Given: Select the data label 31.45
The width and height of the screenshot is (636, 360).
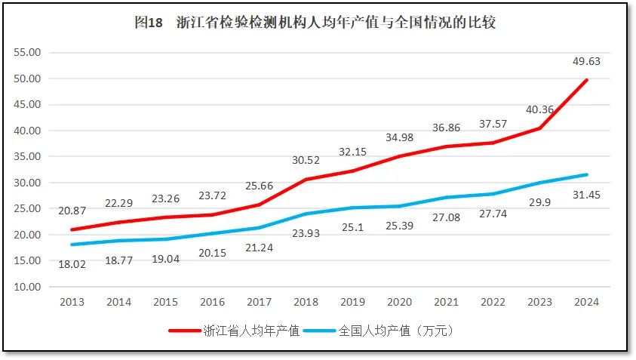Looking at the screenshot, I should point(586,195).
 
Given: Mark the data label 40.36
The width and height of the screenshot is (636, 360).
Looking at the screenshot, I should point(539,109).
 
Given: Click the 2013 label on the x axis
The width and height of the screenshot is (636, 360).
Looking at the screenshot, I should point(72,302).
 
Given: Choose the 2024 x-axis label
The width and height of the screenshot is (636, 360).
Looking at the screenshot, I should point(586,302).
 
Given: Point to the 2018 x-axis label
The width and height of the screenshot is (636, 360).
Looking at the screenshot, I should point(306,302).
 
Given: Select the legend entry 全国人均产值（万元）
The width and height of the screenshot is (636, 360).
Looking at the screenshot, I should point(395,331).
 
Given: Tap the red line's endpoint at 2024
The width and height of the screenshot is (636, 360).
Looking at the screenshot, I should point(586,80).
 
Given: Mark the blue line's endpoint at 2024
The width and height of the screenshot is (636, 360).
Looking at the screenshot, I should point(586,174).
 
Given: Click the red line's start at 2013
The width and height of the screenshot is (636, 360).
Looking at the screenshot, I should point(72,229).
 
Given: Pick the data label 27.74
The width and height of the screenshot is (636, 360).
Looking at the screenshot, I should point(493,214).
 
